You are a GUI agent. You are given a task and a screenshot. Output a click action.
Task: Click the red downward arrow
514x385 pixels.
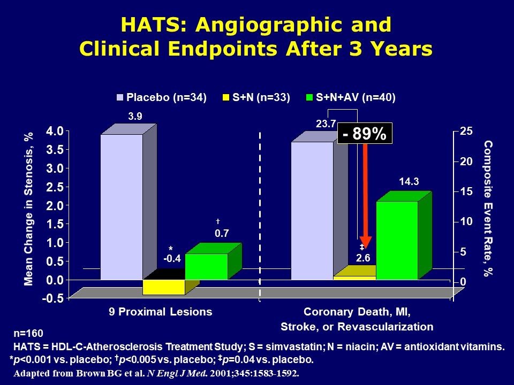[x=366, y=192]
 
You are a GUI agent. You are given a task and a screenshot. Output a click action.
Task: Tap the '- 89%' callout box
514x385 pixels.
[x=365, y=134]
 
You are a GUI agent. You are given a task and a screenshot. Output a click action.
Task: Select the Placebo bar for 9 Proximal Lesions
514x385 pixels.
[x=122, y=206]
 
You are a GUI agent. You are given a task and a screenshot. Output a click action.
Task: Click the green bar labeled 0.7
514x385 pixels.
[x=206, y=266]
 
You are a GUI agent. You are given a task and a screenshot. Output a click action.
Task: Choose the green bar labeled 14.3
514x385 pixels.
[x=397, y=240]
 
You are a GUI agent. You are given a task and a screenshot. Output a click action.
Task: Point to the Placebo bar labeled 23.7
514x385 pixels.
[x=312, y=210]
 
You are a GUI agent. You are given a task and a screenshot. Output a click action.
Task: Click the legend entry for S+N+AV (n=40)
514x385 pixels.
[x=350, y=97]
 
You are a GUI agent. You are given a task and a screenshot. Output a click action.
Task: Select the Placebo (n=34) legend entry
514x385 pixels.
[x=162, y=97]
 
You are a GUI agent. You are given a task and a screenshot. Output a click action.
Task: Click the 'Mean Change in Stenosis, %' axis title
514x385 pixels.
[x=30, y=209]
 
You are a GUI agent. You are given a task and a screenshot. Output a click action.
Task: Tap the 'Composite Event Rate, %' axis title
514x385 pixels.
[x=488, y=209]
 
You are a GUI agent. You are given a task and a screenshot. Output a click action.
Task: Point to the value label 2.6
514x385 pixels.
[x=363, y=258]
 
